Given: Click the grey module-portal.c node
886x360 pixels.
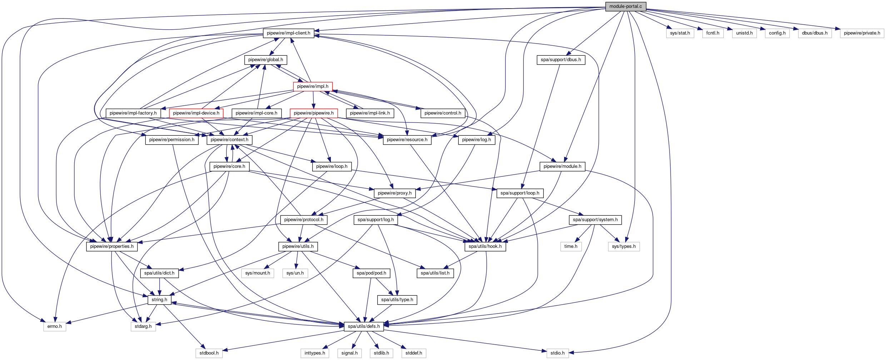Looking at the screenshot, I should pyautogui.click(x=626, y=6).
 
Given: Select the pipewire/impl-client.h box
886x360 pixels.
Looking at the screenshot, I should pyautogui.click(x=289, y=33).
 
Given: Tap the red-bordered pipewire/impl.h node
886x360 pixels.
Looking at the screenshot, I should pyautogui.click(x=313, y=86).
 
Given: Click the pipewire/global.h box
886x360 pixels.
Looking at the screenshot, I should pyautogui.click(x=265, y=60).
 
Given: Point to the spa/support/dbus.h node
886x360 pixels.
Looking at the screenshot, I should pyautogui.click(x=561, y=60).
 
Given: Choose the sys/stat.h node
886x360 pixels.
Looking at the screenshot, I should pyautogui.click(x=680, y=33).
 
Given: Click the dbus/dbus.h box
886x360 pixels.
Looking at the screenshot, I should pyautogui.click(x=815, y=33).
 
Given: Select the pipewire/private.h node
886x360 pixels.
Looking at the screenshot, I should pyautogui.click(x=862, y=33).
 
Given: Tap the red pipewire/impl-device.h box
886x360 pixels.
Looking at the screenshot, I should pyautogui.click(x=196, y=113).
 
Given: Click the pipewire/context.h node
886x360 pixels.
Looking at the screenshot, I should pyautogui.click(x=229, y=140).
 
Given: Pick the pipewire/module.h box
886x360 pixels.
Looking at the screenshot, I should pyautogui.click(x=562, y=166).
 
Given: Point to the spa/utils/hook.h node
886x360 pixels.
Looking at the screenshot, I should pyautogui.click(x=485, y=246).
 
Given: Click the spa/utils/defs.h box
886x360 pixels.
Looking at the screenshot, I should pyautogui.click(x=364, y=326).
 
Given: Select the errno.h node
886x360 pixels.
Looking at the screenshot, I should pyautogui.click(x=55, y=326).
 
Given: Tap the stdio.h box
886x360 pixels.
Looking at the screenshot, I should pyautogui.click(x=557, y=353).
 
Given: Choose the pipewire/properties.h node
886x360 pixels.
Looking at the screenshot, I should pyautogui.click(x=112, y=246).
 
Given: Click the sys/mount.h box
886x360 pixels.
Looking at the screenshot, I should pyautogui.click(x=258, y=273).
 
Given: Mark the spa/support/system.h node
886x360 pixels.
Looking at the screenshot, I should pyautogui.click(x=595, y=220).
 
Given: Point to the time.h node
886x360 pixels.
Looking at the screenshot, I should pyautogui.click(x=571, y=246).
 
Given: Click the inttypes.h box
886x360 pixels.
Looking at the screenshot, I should pyautogui.click(x=315, y=353).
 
